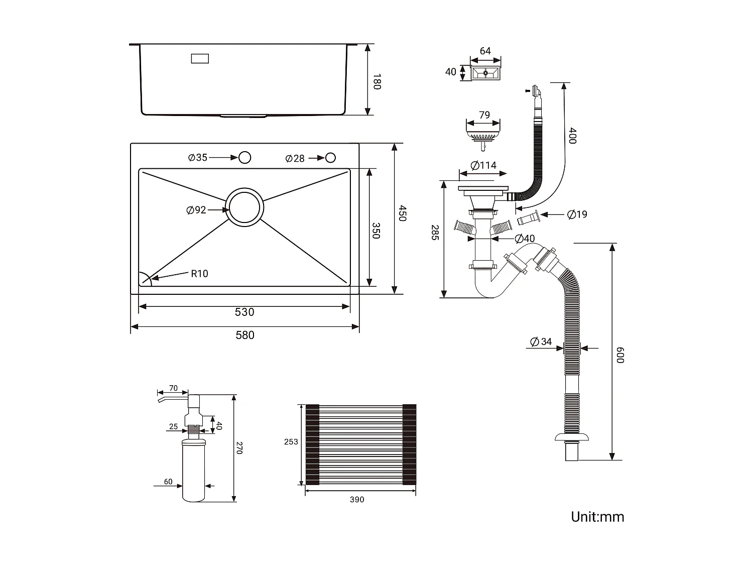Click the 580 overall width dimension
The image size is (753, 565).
coord(245,335)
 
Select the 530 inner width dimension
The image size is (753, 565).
coord(244,312)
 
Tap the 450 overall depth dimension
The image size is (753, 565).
coord(402,212)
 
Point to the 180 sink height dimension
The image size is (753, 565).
coord(376,81)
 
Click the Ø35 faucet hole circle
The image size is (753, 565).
coord(244,158)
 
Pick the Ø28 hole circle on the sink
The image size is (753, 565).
coord(330,158)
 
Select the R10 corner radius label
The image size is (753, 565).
coord(199,274)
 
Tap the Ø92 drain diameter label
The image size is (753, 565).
coord(196,210)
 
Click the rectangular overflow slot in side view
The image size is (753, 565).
coord(200,59)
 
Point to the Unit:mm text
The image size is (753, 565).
coord(597,517)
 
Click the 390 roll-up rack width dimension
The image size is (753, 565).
coord(357,499)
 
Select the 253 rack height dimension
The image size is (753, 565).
coord(291,442)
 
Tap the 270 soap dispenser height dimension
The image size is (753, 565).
coord(239,448)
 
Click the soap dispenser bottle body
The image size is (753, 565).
coord(194,472)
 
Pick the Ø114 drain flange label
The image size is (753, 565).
coord(483,165)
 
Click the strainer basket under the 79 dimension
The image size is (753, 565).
coord(483,135)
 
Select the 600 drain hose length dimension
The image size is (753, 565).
coord(620,355)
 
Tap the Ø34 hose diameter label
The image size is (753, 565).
coord(541,342)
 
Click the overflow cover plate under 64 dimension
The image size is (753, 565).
coord(485,73)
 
